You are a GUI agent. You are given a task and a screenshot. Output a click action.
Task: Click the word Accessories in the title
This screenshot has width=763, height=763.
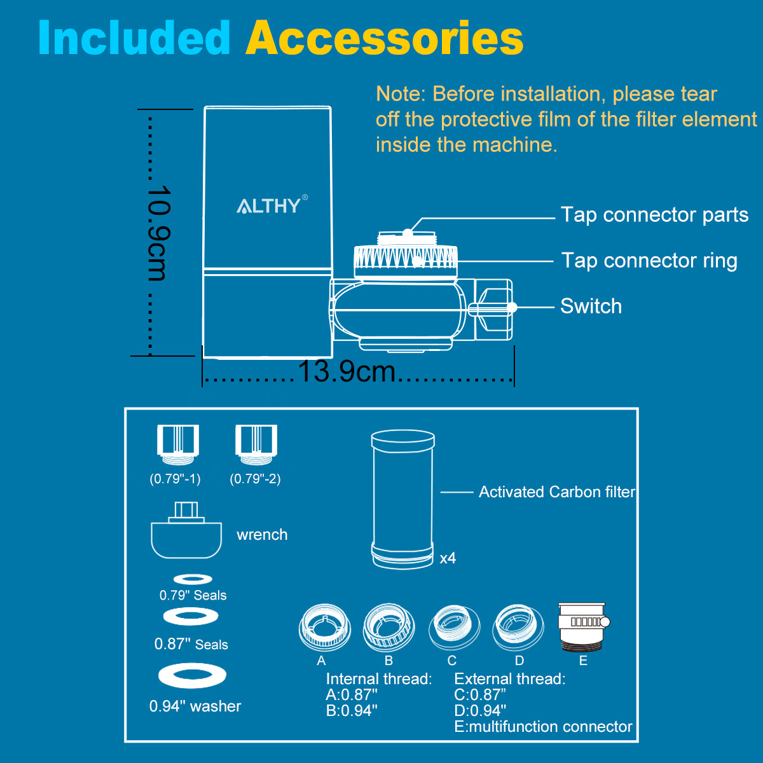tap(385, 38)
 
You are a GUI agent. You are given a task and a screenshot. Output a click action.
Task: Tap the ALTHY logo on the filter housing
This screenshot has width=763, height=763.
tap(272, 205)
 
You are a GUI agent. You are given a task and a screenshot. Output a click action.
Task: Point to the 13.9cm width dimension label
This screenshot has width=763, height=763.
tap(347, 371)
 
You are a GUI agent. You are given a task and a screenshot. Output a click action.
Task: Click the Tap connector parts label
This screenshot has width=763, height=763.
tap(654, 216)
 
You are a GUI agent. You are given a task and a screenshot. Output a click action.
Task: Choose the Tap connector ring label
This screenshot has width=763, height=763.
tap(649, 261)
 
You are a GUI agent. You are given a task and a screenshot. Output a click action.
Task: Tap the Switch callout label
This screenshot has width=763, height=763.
tap(591, 306)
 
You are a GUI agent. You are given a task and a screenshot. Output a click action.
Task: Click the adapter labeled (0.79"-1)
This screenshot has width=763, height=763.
tap(178, 444)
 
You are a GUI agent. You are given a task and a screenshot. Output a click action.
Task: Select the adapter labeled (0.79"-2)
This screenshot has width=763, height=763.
tap(256, 444)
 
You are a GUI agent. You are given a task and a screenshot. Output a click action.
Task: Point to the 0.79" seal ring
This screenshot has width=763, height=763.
tap(193, 579)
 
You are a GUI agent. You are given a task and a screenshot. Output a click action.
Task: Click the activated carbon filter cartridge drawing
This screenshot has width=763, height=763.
tap(402, 500)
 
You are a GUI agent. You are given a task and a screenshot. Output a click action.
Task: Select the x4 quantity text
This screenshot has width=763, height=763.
tap(448, 558)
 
